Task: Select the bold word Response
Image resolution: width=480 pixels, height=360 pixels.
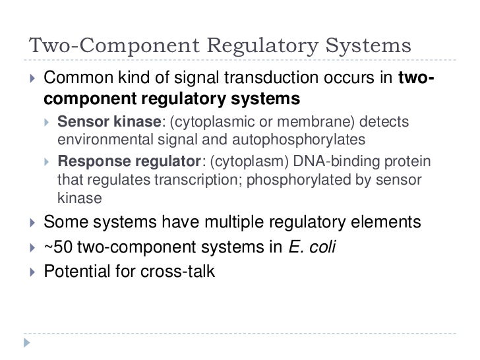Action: [x=90, y=164]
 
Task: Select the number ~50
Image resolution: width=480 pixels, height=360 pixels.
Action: [x=59, y=246]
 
